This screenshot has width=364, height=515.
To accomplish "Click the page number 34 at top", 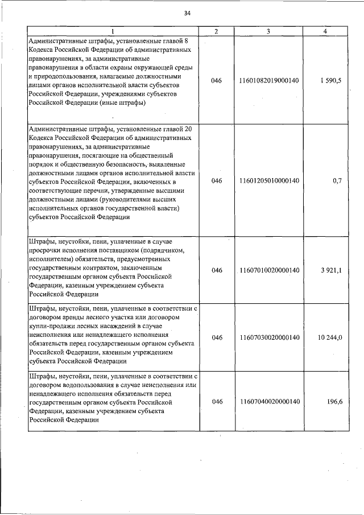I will pos(187,14).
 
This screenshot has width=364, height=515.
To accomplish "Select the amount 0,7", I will pos(336,181).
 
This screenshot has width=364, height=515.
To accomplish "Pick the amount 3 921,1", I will pos(330,270).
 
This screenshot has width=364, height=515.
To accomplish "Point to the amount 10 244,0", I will pos(329,337).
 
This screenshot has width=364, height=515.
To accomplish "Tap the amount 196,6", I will pos(333,401).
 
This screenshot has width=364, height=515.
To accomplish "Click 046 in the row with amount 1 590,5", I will pos(216,81).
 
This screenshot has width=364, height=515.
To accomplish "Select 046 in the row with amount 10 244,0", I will pos(216,337).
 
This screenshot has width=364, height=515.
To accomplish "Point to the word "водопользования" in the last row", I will pos(85,384).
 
